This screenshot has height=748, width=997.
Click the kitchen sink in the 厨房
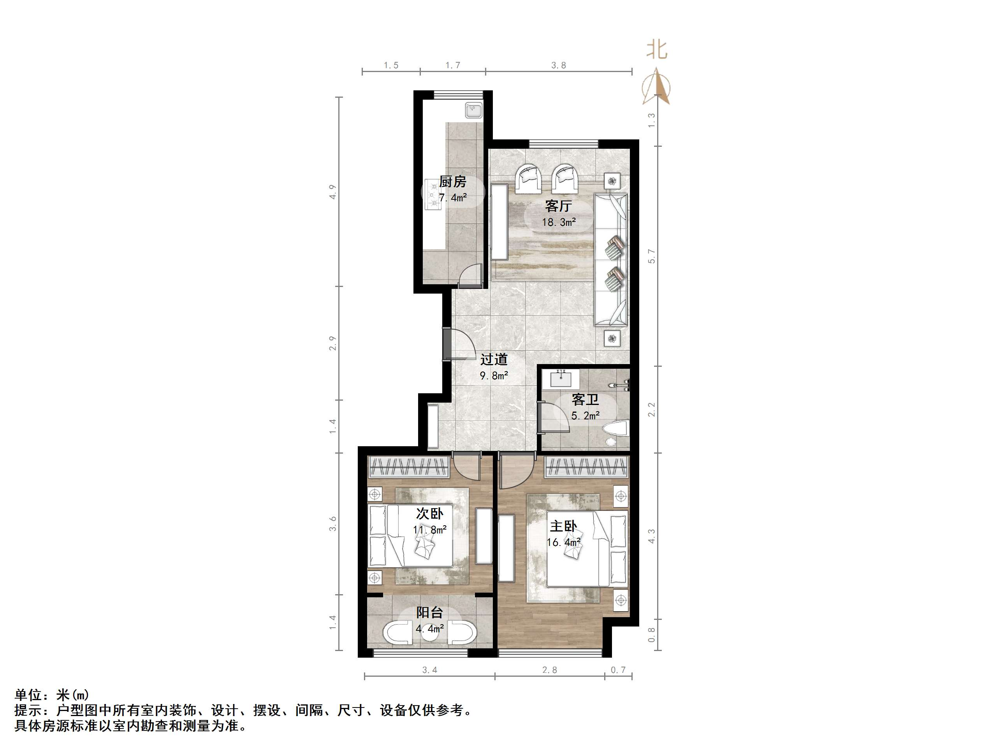click(474, 111)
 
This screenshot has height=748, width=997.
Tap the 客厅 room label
click(558, 206)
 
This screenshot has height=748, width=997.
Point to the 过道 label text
click(494, 359)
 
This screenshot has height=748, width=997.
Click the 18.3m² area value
click(559, 222)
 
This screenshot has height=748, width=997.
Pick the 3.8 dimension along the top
click(558, 65)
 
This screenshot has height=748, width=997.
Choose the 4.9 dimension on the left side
click(332, 192)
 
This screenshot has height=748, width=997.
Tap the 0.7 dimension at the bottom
click(618, 670)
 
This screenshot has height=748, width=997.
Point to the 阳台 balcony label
click(429, 612)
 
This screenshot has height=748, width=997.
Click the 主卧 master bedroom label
click(563, 526)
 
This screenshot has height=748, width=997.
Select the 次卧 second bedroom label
click(429, 513)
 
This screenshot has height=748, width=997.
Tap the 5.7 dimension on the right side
click(651, 256)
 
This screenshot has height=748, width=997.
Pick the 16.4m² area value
click(563, 542)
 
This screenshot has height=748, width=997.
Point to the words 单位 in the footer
click(28, 695)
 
